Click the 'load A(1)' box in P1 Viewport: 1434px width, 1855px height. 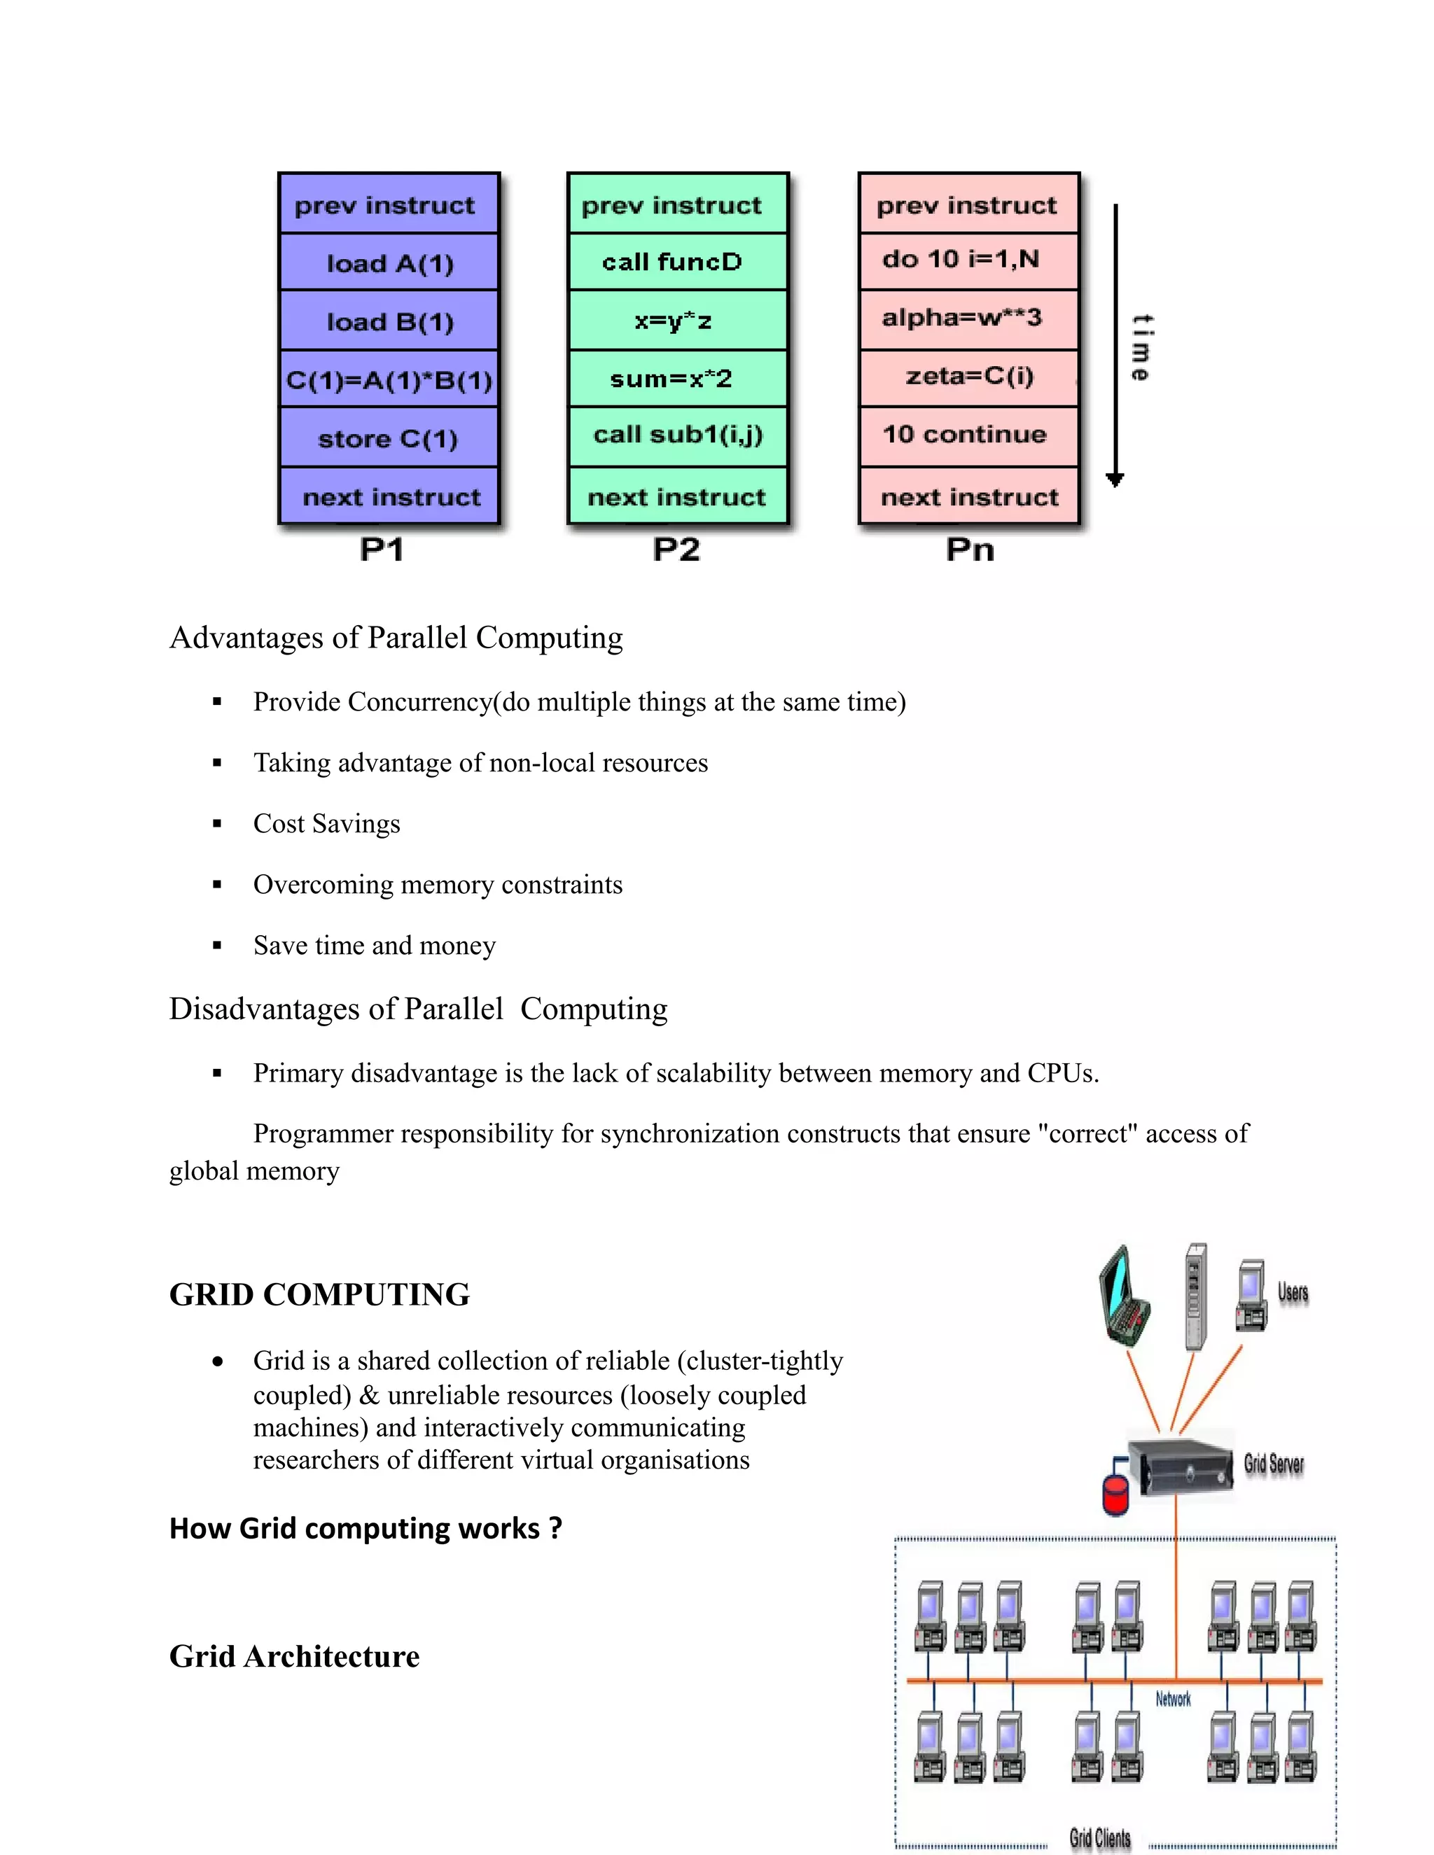point(389,263)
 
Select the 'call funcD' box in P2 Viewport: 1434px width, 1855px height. point(678,262)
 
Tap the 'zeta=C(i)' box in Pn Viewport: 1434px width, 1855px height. point(968,377)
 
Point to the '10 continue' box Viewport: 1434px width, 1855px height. point(968,435)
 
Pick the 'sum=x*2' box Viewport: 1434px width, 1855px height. point(678,378)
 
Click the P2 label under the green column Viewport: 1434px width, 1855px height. point(676,549)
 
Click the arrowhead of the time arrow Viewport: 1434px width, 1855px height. point(1115,480)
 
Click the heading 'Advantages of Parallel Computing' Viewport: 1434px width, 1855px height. point(396,638)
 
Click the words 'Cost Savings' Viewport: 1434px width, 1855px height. point(326,824)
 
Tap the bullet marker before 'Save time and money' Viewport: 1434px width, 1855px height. point(218,945)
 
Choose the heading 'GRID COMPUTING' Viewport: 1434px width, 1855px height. point(319,1294)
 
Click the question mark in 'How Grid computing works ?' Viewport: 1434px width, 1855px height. point(555,1529)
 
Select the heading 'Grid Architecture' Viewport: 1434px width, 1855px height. point(294,1656)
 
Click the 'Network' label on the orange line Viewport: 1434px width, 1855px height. point(1174,1699)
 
